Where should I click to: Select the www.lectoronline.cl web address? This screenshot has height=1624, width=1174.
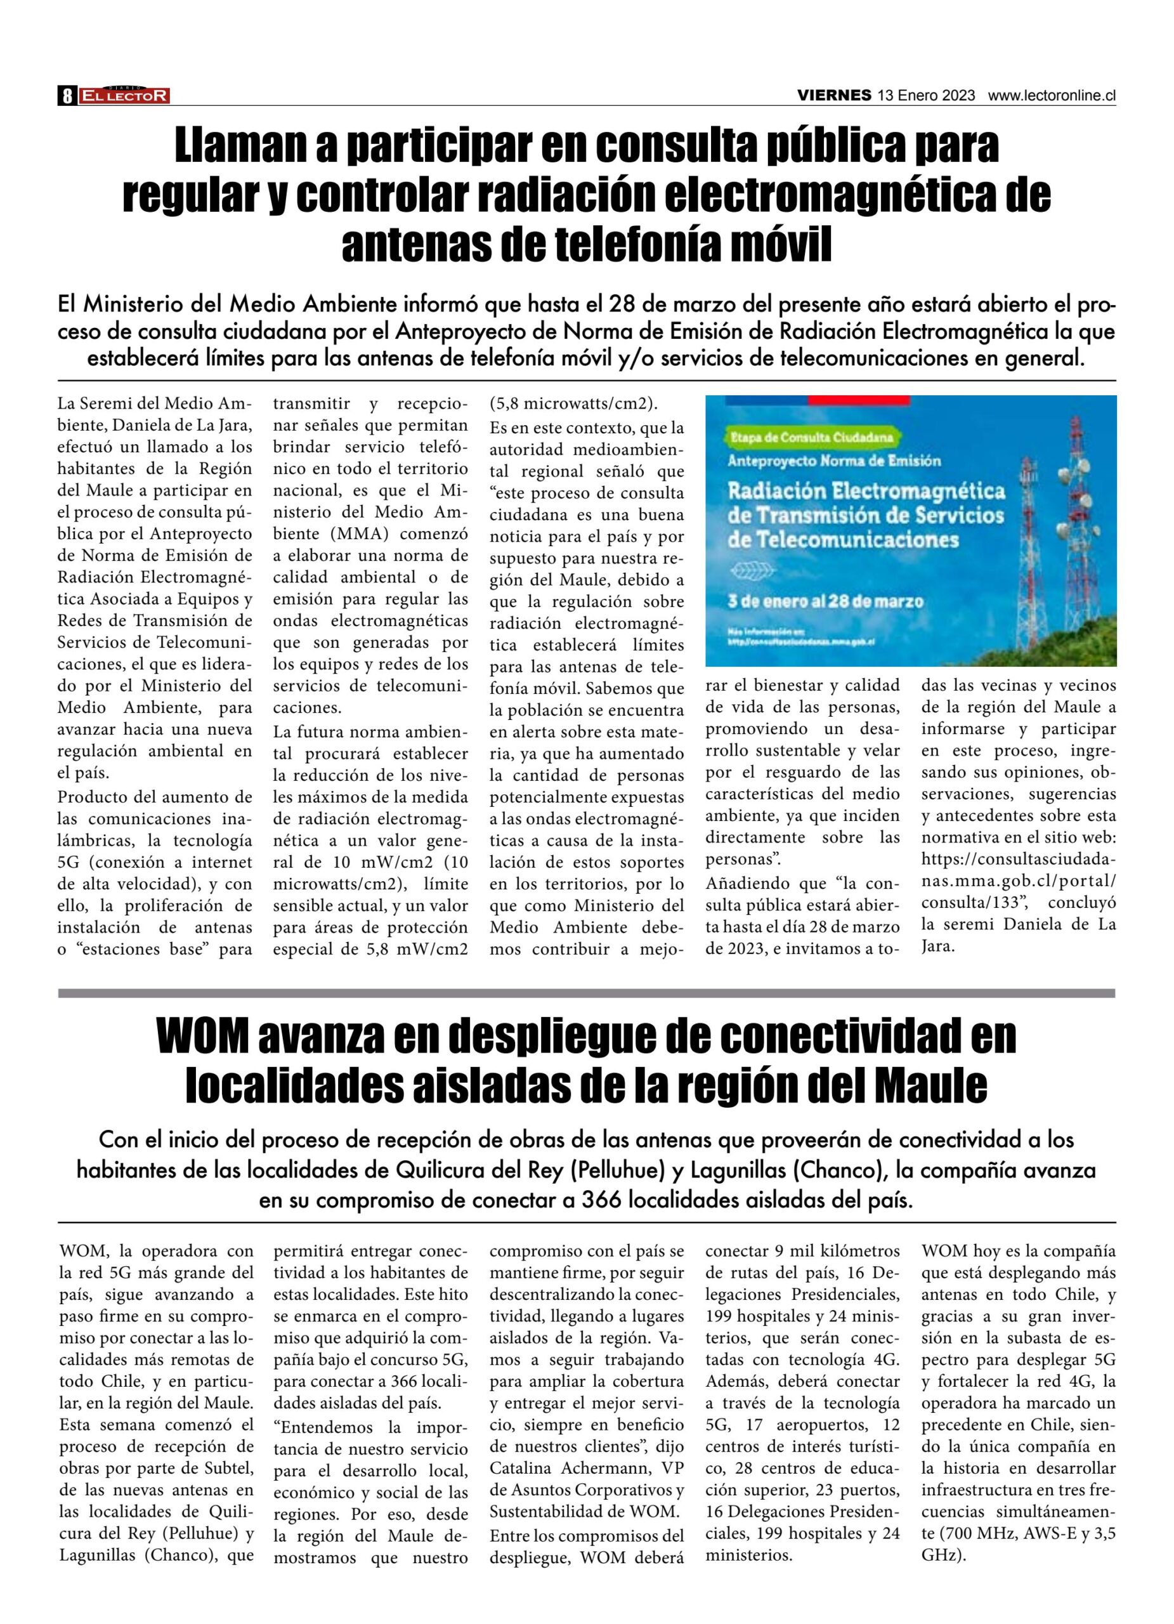[1052, 95]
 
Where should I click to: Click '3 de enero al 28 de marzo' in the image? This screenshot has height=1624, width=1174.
[825, 601]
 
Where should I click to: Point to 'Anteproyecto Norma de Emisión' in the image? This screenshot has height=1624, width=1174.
[834, 461]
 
